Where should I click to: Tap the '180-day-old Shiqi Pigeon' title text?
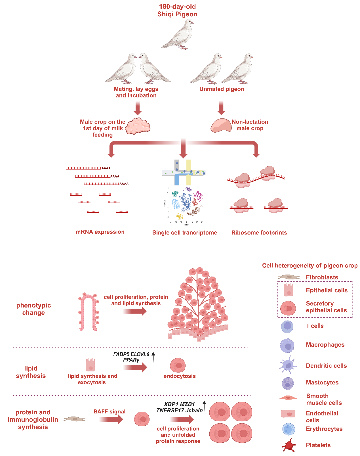(x=177, y=10)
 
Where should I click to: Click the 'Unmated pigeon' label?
(x=222, y=89)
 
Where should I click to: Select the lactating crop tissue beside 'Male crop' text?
(x=138, y=126)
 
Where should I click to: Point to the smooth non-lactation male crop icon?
(x=221, y=125)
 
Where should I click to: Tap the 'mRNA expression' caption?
(x=100, y=232)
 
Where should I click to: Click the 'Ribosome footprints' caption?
(x=259, y=233)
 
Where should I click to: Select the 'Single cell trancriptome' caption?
(x=184, y=233)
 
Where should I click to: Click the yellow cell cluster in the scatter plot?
(x=180, y=216)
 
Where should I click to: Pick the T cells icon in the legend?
(x=287, y=327)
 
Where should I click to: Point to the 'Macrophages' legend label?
(x=325, y=345)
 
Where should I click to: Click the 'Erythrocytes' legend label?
(x=324, y=429)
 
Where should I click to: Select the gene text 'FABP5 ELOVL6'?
(x=131, y=354)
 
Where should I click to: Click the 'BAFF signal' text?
(x=110, y=411)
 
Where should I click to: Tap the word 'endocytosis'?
(x=180, y=376)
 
